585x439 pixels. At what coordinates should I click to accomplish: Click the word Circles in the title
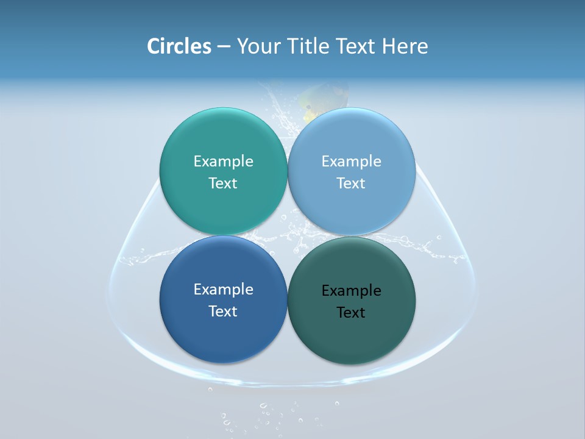[x=179, y=46]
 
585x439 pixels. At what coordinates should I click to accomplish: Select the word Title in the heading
[x=310, y=46]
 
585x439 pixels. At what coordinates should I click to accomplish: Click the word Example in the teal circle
[x=223, y=161]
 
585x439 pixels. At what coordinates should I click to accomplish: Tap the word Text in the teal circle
[x=223, y=183]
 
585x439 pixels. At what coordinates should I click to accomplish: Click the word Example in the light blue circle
[x=351, y=161]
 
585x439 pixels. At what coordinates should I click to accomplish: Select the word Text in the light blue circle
[x=351, y=183]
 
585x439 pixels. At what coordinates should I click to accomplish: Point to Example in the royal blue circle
[x=223, y=289]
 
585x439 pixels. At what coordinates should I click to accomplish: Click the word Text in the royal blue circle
[x=223, y=311]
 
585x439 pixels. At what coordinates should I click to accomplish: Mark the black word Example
[x=351, y=290]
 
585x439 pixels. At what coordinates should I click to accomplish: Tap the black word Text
[x=351, y=312]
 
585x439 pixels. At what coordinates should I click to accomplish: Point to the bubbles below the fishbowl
[x=268, y=415]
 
